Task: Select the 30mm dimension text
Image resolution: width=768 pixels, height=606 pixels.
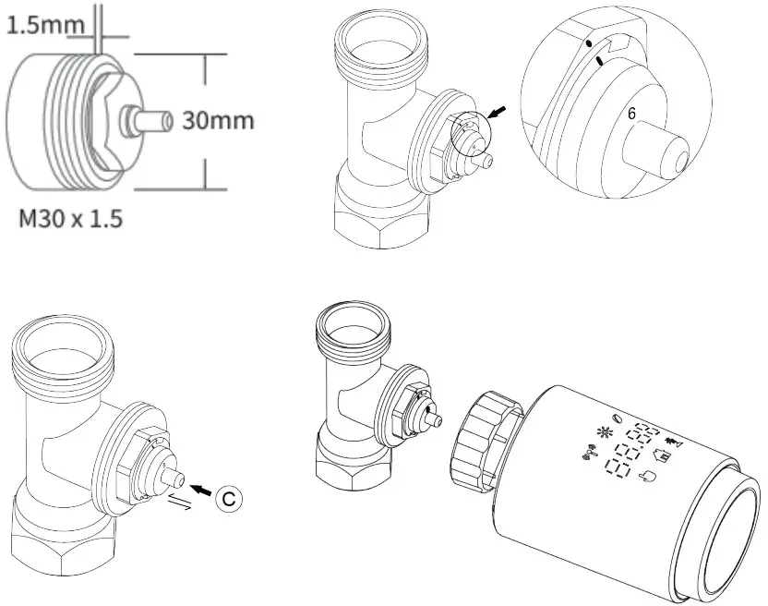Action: pyautogui.click(x=217, y=121)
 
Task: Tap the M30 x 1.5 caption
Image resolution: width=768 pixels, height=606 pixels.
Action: pyautogui.click(x=70, y=221)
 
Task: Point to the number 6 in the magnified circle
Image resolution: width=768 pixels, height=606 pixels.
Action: pyautogui.click(x=631, y=114)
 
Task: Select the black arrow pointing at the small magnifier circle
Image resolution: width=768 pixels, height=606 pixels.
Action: pyautogui.click(x=498, y=113)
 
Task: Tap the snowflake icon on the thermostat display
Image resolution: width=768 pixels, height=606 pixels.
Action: pyautogui.click(x=606, y=431)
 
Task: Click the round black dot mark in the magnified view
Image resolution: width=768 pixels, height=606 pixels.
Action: pyautogui.click(x=588, y=43)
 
